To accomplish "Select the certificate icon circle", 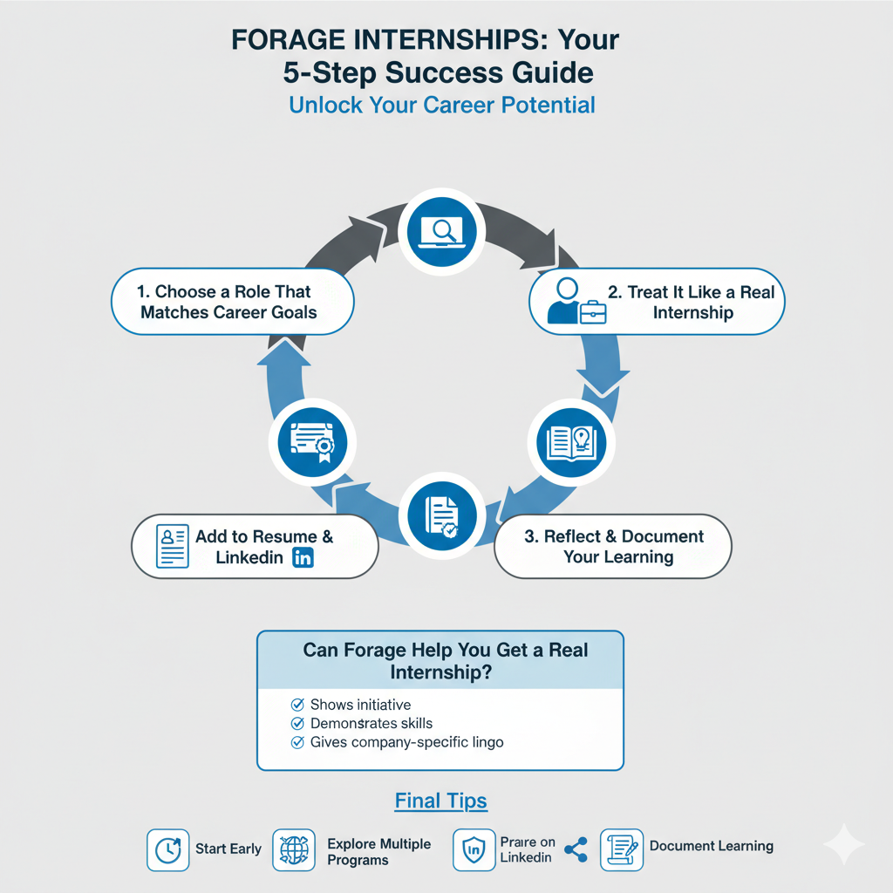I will pos(311,441).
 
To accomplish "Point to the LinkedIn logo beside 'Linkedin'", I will pos(303,558).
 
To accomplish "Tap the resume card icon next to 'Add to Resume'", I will pos(172,547).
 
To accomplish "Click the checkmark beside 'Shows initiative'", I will pos(297,704).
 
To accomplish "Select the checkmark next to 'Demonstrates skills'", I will pos(297,723).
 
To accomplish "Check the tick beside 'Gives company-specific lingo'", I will pos(297,742).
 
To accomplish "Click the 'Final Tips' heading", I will pos(440,801).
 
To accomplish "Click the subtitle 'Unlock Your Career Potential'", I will pos(441,106).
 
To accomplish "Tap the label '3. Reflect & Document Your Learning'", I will pos(613,547).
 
